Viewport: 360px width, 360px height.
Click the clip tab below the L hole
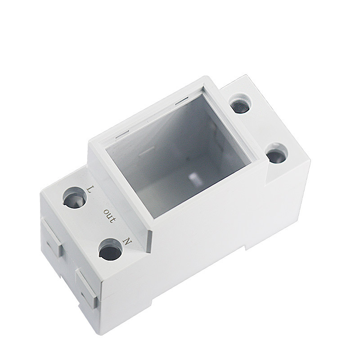coord(53,243)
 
